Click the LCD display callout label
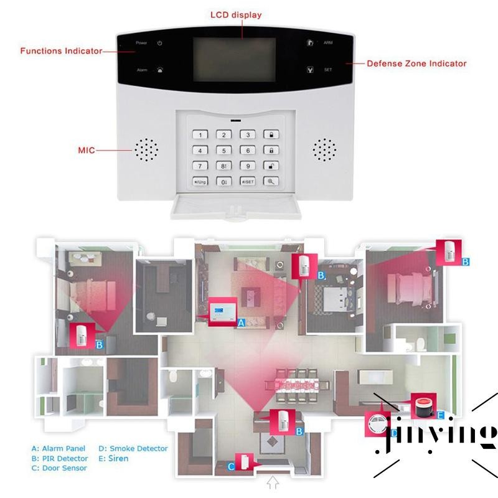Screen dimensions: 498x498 (236, 15)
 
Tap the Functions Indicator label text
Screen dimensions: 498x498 (61, 51)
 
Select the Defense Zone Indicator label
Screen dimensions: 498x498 (416, 63)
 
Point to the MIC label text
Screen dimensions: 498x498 (86, 150)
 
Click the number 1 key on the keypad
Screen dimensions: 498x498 (200, 134)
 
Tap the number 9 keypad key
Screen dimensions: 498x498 (248, 166)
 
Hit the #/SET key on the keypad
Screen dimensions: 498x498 (248, 182)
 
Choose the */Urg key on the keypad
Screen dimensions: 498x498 (200, 182)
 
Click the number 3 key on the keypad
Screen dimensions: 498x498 (248, 134)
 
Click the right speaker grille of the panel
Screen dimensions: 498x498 (324, 149)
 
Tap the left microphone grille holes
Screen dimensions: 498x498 (146, 149)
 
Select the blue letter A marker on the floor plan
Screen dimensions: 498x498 (242, 322)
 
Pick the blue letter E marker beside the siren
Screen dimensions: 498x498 (440, 415)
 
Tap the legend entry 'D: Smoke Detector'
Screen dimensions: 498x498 (133, 448)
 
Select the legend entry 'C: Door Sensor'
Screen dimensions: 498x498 (60, 468)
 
